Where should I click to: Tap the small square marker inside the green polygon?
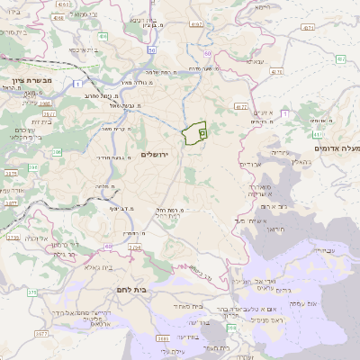tap(202, 132)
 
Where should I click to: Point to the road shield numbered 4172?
tap(240, 107)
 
